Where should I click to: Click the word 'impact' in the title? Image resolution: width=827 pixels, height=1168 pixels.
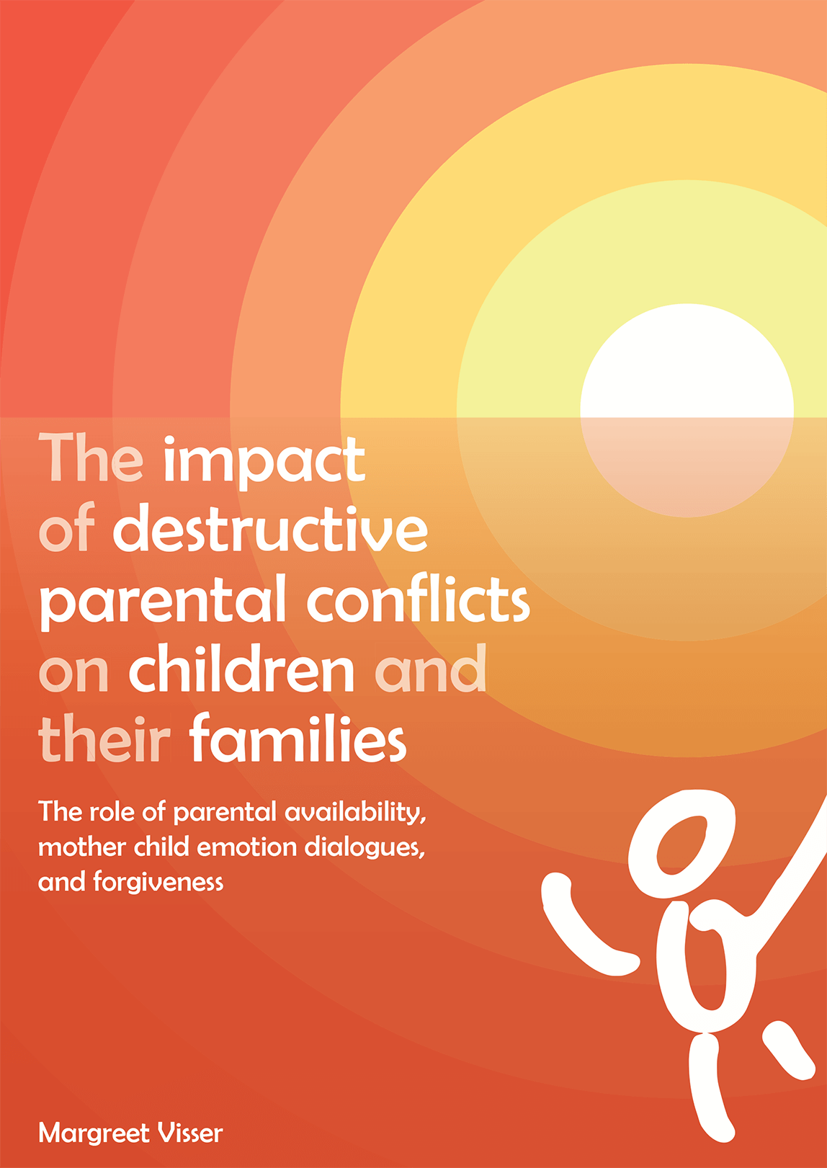click(264, 461)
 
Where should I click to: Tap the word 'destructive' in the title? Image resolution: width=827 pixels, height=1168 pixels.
click(270, 530)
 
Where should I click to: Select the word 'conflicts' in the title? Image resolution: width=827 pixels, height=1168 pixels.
click(419, 601)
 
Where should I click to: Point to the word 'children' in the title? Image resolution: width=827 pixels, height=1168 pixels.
click(242, 670)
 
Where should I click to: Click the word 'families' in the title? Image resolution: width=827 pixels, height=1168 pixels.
click(298, 740)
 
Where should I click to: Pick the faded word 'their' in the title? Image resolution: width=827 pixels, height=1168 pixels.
click(104, 740)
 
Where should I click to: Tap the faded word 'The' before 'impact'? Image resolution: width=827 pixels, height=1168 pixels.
click(91, 460)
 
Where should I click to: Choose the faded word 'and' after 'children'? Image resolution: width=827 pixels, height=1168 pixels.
click(431, 670)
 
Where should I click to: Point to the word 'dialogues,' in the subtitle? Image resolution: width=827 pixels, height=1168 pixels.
click(365, 848)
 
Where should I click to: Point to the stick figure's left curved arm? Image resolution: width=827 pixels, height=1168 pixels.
click(582, 930)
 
